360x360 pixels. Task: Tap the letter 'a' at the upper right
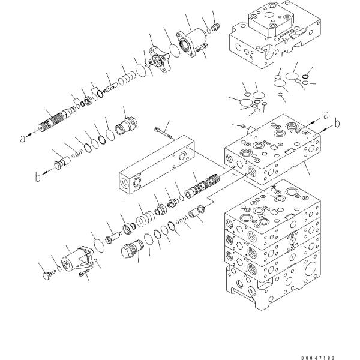click(326, 114)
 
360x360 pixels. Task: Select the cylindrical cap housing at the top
click(191, 44)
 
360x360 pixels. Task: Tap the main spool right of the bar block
click(203, 182)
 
